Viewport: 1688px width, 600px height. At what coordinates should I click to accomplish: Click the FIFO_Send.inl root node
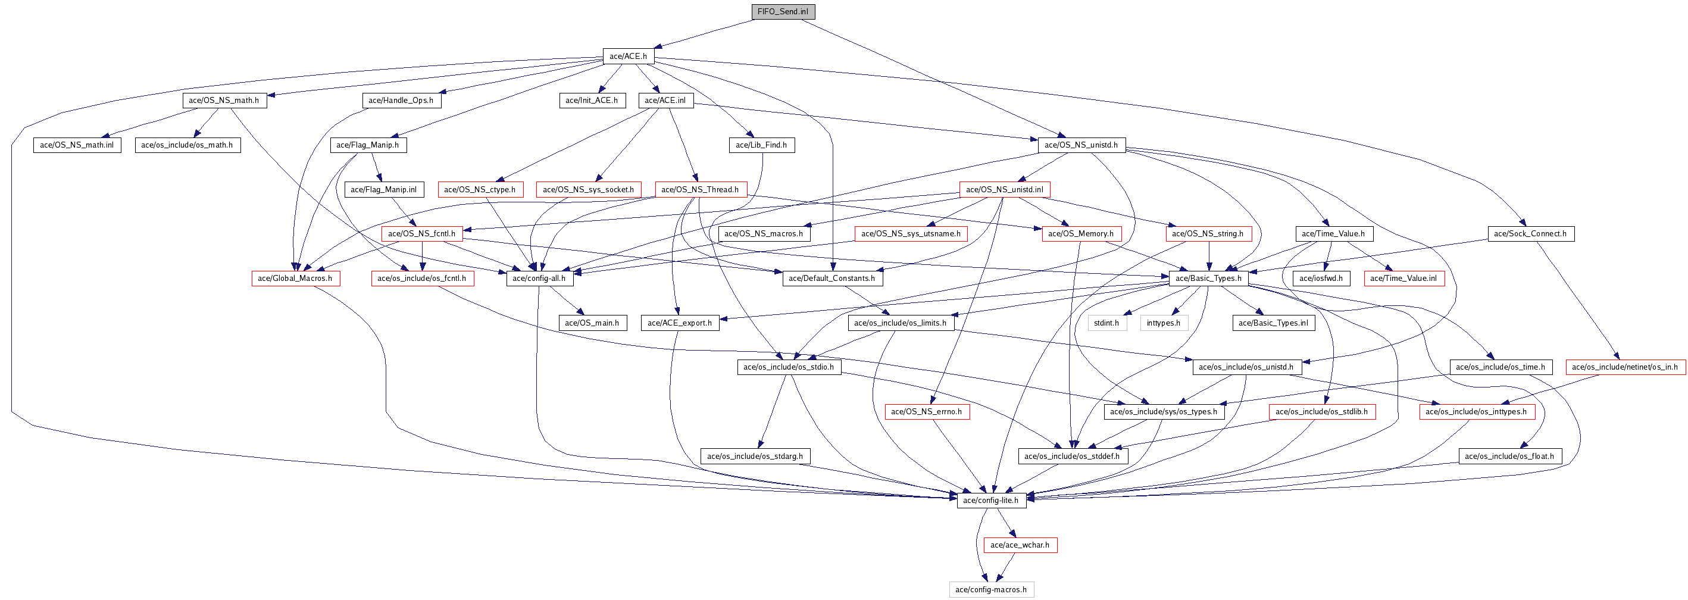tap(783, 12)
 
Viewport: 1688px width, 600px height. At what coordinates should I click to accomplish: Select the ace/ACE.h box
tap(628, 57)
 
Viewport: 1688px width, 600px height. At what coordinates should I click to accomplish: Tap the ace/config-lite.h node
tap(990, 501)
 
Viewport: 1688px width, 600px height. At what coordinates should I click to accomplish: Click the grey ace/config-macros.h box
tap(991, 589)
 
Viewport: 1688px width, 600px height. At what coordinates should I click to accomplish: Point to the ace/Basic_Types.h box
tap(1208, 279)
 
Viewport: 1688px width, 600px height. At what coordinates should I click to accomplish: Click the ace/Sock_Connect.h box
tap(1530, 234)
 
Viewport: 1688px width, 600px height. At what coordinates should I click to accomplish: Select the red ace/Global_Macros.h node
tap(295, 279)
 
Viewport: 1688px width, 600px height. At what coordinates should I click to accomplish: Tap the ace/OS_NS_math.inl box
tap(77, 145)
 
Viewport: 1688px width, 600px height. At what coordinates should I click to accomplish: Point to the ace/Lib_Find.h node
tap(761, 145)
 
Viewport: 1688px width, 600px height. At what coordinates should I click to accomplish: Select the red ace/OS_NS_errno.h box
tap(926, 411)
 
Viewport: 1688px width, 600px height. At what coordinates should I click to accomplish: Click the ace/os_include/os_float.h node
tap(1509, 456)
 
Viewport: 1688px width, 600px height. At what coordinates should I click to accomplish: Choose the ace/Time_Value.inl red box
tap(1403, 279)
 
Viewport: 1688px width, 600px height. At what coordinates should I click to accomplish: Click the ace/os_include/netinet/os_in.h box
tap(1624, 367)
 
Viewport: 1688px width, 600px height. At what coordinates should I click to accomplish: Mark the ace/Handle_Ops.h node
tap(401, 100)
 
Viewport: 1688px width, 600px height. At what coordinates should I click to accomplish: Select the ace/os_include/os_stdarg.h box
tap(754, 456)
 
